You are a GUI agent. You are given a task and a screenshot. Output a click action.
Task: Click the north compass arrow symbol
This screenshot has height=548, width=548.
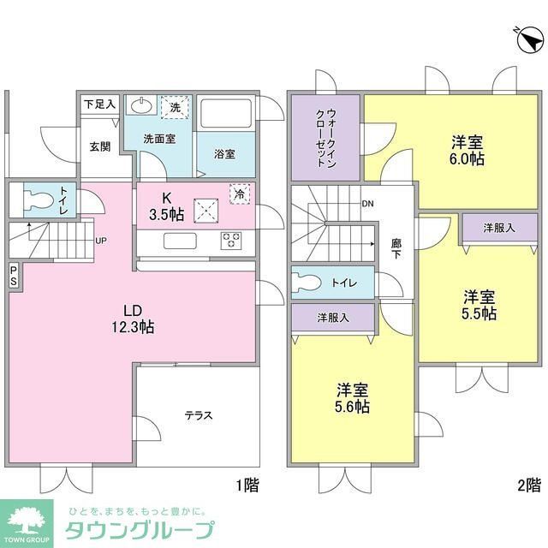coord(529,38)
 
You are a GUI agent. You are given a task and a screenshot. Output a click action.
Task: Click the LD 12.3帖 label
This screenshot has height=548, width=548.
coord(134,318)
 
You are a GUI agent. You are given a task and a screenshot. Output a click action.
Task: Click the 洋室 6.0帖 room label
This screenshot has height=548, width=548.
coord(467,151)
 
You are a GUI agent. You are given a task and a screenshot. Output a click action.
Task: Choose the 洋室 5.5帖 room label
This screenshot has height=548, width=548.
coord(479,305)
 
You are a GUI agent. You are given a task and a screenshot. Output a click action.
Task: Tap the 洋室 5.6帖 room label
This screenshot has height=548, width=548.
coord(352,396)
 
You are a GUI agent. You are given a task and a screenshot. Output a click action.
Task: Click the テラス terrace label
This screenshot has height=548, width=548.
coord(198,415)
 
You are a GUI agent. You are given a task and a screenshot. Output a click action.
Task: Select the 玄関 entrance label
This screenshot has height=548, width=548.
coord(99,146)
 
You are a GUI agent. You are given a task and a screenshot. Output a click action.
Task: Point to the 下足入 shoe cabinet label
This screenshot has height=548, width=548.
coord(99,104)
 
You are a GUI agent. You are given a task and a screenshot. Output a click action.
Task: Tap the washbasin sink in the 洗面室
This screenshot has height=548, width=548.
coord(140,106)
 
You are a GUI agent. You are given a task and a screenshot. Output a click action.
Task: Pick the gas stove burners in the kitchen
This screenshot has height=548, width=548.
coord(232,241)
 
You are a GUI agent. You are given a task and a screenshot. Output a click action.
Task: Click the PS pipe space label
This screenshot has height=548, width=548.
coord(12,273)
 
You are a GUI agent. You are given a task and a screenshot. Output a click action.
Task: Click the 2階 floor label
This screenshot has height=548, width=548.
coord(528,485)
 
